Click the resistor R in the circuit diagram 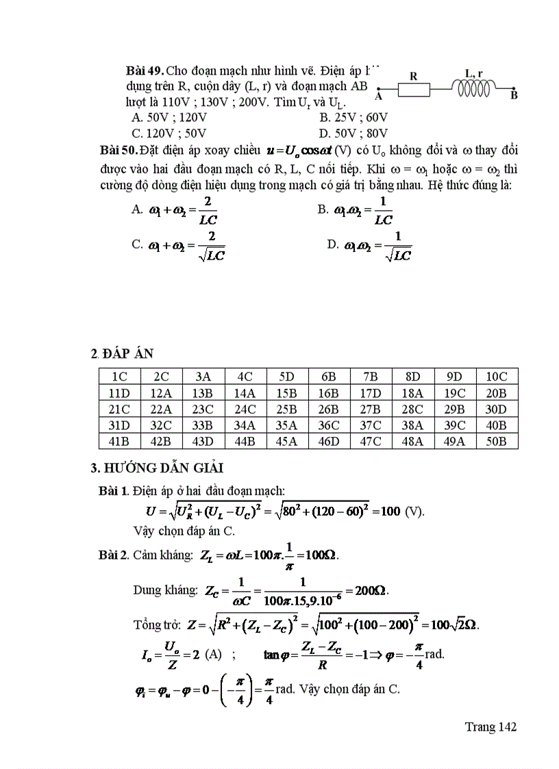click(414, 89)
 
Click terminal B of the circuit click(514, 89)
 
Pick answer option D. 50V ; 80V click(353, 134)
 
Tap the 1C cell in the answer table click(119, 376)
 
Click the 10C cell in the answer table click(497, 376)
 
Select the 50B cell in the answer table click(497, 442)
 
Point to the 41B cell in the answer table click(119, 442)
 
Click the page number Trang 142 click(490, 727)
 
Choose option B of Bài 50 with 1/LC click(356, 210)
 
